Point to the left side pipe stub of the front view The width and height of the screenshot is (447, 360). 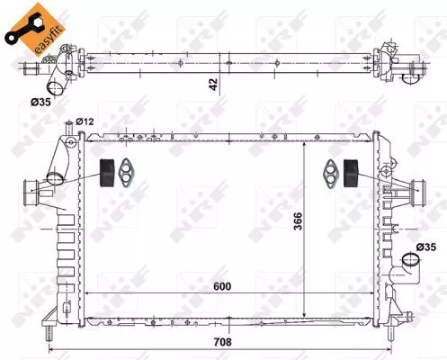coord(33,188)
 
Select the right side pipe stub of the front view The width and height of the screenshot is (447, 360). coord(416,189)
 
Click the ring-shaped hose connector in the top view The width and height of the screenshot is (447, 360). coord(55,86)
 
